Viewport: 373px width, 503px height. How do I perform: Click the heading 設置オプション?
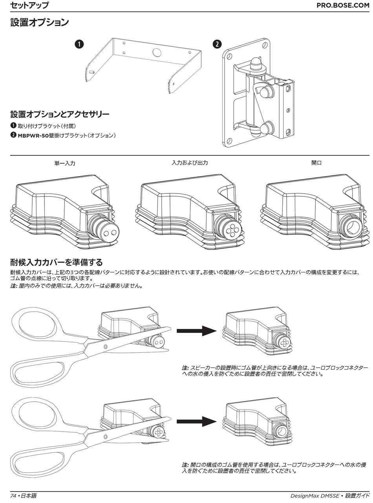coord(39,23)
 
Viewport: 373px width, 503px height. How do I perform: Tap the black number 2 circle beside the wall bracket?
coord(216,44)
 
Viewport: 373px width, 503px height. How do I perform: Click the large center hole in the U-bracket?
coord(156,52)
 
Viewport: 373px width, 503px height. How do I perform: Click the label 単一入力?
coord(65,163)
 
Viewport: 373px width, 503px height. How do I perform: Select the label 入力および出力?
coord(190,162)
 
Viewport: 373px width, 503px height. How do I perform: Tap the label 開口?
coord(316,162)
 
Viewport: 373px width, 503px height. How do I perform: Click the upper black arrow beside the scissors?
coord(196,331)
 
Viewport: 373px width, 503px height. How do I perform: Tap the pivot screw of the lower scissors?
coord(105,436)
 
